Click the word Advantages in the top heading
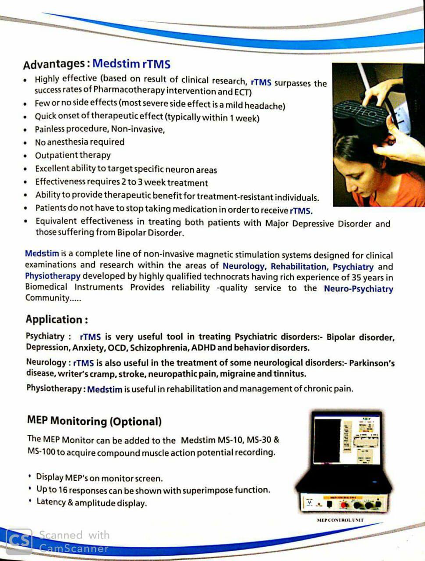pyautogui.click(x=54, y=64)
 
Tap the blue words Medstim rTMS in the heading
pyautogui.click(x=131, y=64)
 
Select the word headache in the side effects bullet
pyautogui.click(x=264, y=106)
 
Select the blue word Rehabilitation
pyautogui.click(x=299, y=266)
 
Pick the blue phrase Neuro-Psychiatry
pyautogui.click(x=358, y=289)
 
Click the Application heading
pyautogui.click(x=57, y=320)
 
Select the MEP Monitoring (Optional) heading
pyautogui.click(x=94, y=421)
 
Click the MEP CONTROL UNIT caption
pyautogui.click(x=340, y=520)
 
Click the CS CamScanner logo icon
pyautogui.click(x=20, y=540)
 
